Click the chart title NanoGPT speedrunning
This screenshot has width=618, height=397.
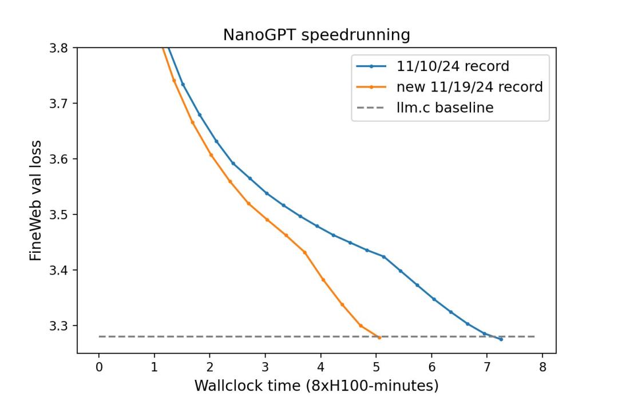point(316,35)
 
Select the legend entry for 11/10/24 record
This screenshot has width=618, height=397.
point(453,66)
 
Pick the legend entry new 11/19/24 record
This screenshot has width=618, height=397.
point(469,87)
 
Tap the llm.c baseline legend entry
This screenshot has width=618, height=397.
point(445,108)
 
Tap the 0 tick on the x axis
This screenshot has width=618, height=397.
point(99,366)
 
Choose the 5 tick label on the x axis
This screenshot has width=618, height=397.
point(376,366)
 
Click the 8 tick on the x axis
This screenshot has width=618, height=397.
point(542,366)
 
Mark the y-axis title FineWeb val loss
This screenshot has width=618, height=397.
point(35,200)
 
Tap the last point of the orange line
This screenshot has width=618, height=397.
point(379,338)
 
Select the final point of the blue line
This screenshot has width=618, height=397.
point(501,339)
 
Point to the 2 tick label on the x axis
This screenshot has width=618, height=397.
point(210,366)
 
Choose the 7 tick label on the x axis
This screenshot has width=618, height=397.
point(487,366)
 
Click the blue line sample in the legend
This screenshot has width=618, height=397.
point(371,66)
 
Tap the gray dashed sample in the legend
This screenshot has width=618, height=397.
point(371,108)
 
